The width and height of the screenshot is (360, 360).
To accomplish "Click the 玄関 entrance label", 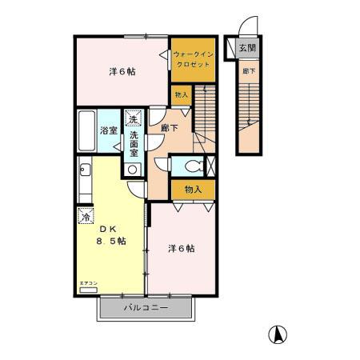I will [247, 49].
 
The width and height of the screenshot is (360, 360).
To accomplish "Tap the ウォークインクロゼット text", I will [193, 59].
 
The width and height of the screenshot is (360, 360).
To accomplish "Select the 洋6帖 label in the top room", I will [122, 71].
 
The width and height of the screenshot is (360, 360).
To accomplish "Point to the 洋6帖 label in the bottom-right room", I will [181, 248].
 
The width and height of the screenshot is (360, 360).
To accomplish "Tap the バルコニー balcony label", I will [143, 307].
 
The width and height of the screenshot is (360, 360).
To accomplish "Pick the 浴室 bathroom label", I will [109, 130].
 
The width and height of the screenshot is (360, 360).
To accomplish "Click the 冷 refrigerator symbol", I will [85, 216].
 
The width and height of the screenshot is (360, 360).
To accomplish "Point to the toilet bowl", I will [190, 166].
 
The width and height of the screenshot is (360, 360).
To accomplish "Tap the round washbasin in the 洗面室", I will [133, 170].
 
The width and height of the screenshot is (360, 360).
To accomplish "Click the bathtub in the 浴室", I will [87, 131].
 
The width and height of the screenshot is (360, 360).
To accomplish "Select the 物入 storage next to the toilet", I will [192, 190].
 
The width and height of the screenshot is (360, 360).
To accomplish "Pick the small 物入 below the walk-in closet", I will [182, 95].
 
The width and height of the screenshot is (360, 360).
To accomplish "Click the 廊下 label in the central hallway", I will [169, 128].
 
